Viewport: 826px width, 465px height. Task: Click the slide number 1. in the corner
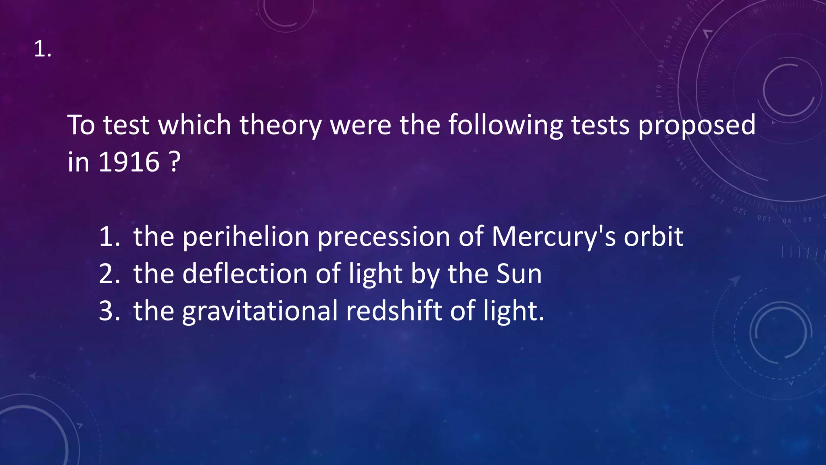click(42, 50)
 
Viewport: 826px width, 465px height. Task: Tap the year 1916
click(129, 162)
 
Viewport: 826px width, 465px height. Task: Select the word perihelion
click(246, 237)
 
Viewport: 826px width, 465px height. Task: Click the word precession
click(384, 237)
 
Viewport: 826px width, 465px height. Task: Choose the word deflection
click(245, 274)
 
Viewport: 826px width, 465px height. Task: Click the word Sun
click(519, 274)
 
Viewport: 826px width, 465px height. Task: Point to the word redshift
click(394, 311)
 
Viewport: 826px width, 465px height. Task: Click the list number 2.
click(109, 274)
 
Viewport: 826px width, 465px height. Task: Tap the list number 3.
click(109, 311)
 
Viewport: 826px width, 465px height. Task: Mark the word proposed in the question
click(697, 126)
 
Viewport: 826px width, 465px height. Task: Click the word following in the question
click(505, 125)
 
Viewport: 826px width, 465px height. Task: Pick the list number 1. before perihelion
click(109, 237)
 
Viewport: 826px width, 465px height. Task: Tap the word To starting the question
click(81, 125)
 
